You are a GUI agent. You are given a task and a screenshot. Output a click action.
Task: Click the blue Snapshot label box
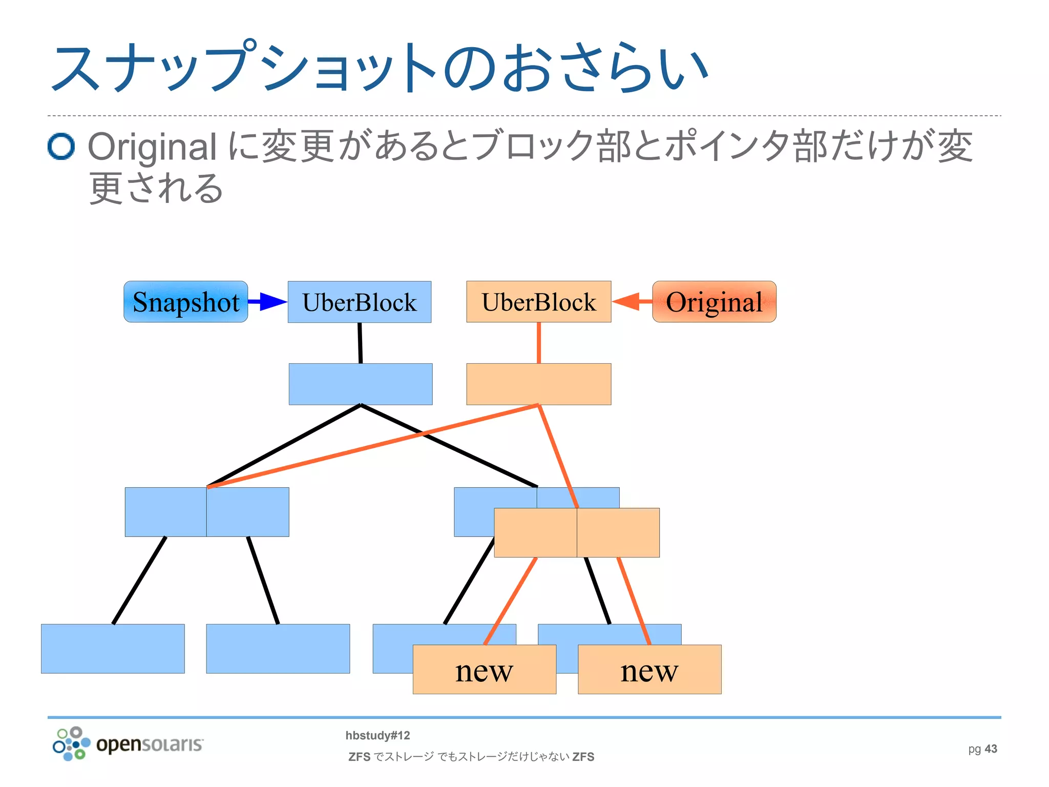pyautogui.click(x=185, y=302)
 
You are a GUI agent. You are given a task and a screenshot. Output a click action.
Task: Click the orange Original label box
pyautogui.click(x=714, y=302)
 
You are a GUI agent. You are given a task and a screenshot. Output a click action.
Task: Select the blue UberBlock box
pyautogui.click(x=359, y=302)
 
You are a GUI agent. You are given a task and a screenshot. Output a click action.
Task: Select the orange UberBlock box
pyautogui.click(x=538, y=302)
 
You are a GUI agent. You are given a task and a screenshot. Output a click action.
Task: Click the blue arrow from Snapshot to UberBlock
pyautogui.click(x=267, y=302)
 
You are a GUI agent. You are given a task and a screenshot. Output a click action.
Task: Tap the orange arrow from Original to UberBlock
pyautogui.click(x=632, y=302)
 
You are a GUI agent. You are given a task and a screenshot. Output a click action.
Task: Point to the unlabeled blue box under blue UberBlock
pyautogui.click(x=360, y=384)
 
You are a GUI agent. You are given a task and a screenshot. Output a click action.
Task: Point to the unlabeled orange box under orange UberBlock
pyautogui.click(x=538, y=384)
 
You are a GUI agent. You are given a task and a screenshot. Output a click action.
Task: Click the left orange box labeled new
pyautogui.click(x=484, y=670)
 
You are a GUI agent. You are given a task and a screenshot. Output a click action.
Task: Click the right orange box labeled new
pyautogui.click(x=649, y=670)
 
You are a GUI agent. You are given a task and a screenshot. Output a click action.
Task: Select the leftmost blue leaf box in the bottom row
pyautogui.click(x=113, y=649)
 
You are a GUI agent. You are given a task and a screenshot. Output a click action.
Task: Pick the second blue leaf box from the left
pyautogui.click(x=278, y=649)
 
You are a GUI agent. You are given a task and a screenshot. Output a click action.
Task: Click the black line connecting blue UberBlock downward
pyautogui.click(x=360, y=343)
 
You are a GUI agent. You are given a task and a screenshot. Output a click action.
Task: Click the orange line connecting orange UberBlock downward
pyautogui.click(x=539, y=343)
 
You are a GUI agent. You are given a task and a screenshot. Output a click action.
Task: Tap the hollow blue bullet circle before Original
pyautogui.click(x=61, y=147)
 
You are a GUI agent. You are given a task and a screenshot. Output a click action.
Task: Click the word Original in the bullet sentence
pyautogui.click(x=152, y=147)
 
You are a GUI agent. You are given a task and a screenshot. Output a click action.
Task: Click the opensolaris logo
pyautogui.click(x=128, y=744)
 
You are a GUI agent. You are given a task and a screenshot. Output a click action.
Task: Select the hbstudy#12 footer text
pyautogui.click(x=377, y=735)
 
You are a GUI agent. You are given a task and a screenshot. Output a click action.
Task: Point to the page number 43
pyautogui.click(x=991, y=749)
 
